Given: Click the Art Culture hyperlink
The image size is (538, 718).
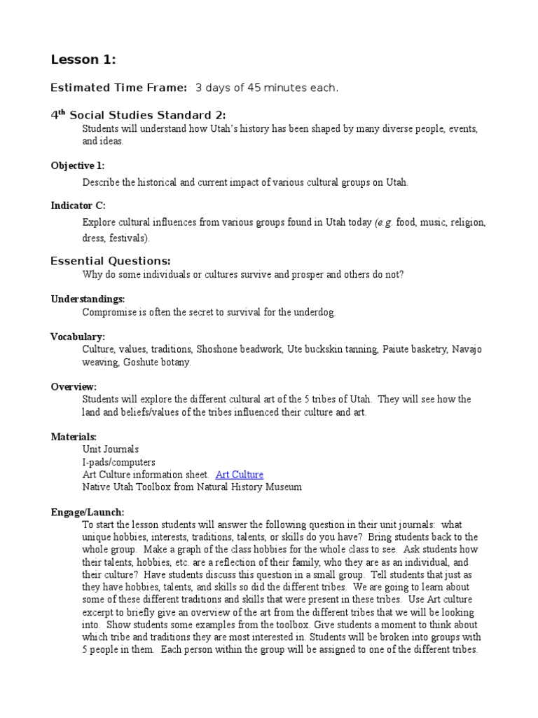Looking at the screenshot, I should (x=240, y=475).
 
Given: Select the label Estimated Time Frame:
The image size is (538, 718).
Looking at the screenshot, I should (x=119, y=88).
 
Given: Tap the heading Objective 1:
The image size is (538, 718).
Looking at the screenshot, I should (x=78, y=165).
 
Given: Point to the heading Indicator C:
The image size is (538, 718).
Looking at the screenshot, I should (x=77, y=205).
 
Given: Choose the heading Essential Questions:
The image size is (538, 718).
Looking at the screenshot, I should (x=111, y=261).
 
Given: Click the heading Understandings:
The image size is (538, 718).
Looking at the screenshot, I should (x=88, y=299).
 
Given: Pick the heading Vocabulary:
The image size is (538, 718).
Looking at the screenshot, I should (x=78, y=337).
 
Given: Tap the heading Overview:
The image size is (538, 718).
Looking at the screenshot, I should (x=74, y=386).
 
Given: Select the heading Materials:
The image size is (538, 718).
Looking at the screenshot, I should (x=74, y=437).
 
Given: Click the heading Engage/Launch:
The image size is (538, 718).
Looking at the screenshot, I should (x=87, y=513).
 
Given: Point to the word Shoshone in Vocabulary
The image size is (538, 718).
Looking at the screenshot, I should (x=217, y=349).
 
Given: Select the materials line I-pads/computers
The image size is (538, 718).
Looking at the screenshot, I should (x=119, y=462).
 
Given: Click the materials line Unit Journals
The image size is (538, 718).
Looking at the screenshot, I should (x=111, y=449).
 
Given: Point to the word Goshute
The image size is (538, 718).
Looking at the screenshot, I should (x=139, y=362).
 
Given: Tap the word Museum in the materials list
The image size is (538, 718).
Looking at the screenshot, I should (x=284, y=487).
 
